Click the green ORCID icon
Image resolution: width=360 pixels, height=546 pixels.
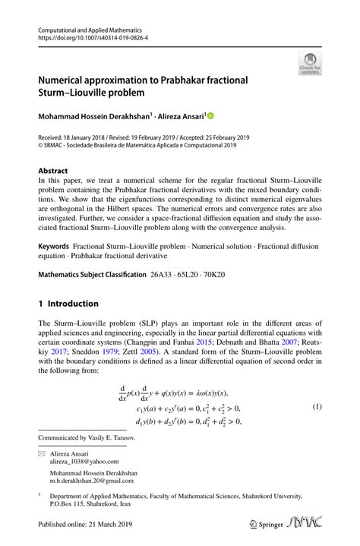click(210, 116)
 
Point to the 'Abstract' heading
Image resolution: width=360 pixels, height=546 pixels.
click(53, 171)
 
